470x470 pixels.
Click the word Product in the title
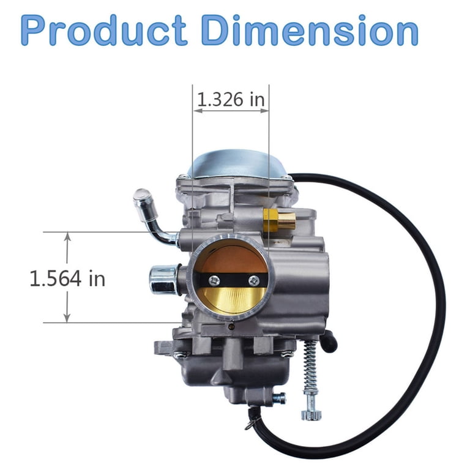pos(104,30)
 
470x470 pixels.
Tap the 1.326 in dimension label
pos(231,99)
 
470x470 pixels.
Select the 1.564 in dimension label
pos(67,278)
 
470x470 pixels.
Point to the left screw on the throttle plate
pos(214,280)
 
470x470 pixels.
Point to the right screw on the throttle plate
pos(254,280)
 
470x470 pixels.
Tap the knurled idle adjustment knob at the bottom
pos(311,414)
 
